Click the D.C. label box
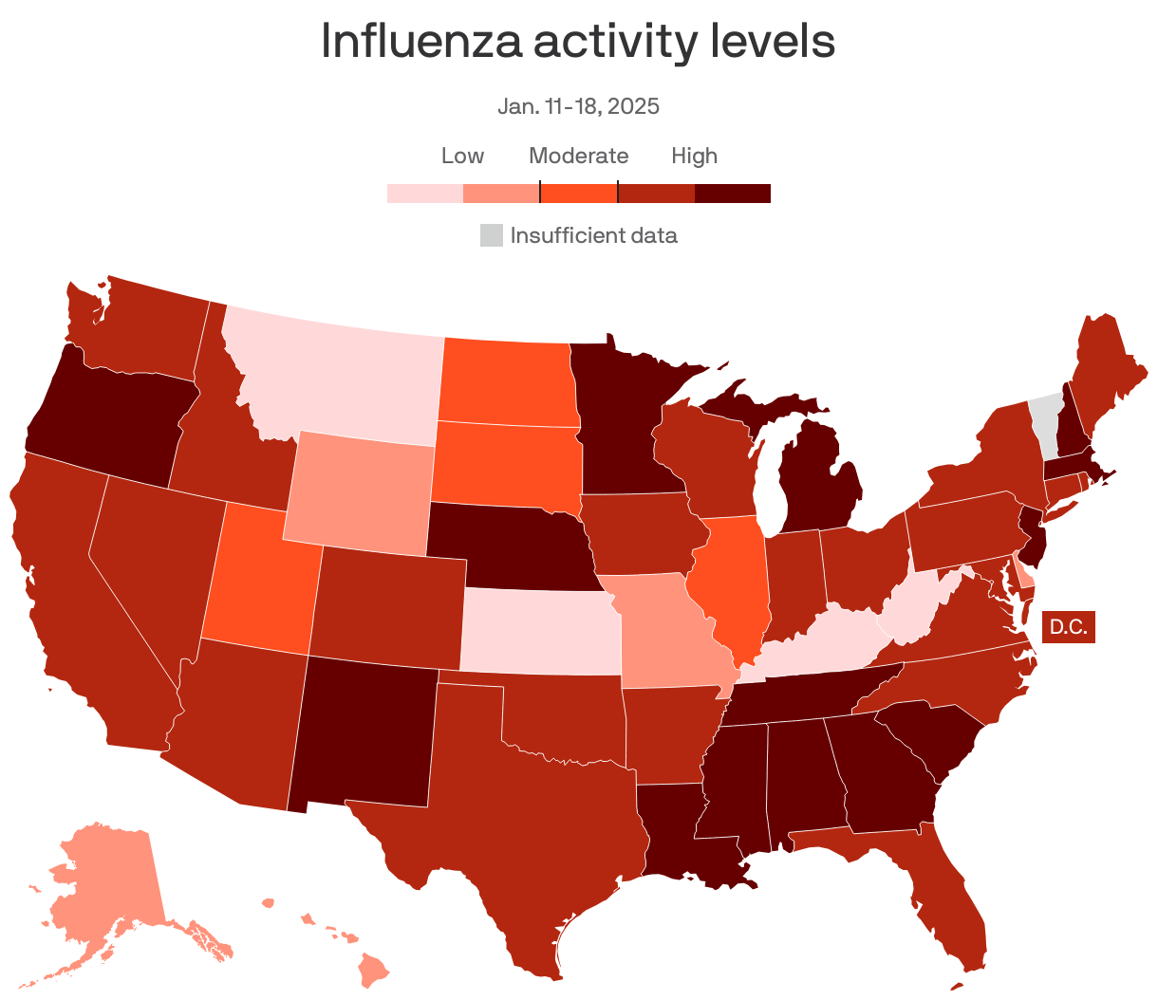coord(1068,627)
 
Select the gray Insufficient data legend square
coord(491,235)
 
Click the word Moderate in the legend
coord(578,156)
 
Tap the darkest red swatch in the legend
coord(732,194)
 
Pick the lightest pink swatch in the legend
coord(424,194)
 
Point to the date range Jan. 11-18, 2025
coord(578,105)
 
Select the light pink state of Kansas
coord(539,631)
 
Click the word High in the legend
coord(694,156)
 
